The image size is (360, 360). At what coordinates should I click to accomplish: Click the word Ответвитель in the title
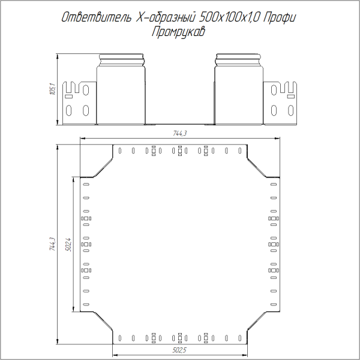96,19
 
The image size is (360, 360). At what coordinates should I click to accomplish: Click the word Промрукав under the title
179,32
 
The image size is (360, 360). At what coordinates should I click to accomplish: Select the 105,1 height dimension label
52,90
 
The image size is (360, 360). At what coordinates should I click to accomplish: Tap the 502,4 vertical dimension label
69,244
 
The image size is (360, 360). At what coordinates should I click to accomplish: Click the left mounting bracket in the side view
80,102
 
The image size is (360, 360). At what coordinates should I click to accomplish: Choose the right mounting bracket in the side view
280,102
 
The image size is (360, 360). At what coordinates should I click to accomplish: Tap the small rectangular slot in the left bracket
68,96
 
